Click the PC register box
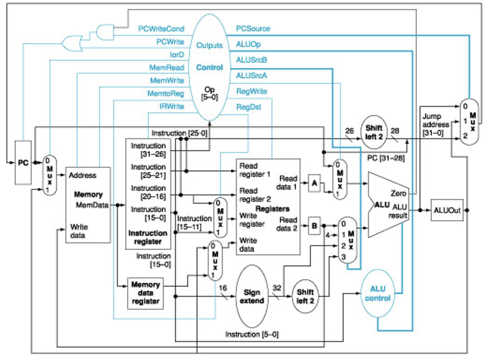[23, 163]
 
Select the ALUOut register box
[447, 210]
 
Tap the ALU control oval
[377, 294]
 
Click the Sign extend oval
[252, 297]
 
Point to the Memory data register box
[145, 293]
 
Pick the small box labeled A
[314, 183]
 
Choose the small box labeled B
[314, 226]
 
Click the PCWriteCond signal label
[161, 29]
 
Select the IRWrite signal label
[171, 106]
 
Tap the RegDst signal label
[249, 107]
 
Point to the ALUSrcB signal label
[252, 60]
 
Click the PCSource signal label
[253, 28]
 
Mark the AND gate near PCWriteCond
[105, 32]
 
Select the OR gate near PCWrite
[72, 43]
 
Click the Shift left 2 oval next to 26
[374, 132]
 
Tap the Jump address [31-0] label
[435, 125]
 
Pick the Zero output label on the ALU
[398, 193]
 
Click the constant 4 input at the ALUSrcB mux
[328, 235]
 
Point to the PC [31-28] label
[386, 158]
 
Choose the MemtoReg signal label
[165, 94]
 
